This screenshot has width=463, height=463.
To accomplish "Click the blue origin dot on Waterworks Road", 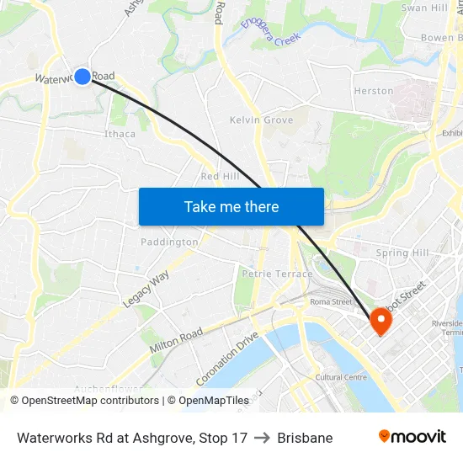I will [x=82, y=77].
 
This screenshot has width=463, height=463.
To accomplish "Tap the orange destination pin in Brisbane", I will [x=380, y=320].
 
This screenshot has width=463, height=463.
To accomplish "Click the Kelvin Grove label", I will [x=261, y=120].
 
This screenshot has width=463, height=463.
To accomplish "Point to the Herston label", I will [x=374, y=91].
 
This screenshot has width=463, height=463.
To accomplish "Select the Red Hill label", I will [x=220, y=176].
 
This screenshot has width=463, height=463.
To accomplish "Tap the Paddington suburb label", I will [x=169, y=242].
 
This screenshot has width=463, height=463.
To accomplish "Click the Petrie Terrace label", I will [x=277, y=274].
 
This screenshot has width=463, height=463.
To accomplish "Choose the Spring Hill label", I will [x=402, y=253].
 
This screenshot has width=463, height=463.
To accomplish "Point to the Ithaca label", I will [x=120, y=134].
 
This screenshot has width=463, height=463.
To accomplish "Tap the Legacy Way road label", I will [x=146, y=288].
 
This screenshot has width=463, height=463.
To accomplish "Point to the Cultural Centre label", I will [x=341, y=377].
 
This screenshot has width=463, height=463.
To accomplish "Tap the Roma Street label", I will [x=330, y=301].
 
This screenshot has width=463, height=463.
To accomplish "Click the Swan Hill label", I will [x=424, y=8].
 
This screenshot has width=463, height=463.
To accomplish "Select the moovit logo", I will [x=412, y=436].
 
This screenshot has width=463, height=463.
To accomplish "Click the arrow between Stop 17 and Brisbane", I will [x=262, y=438].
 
